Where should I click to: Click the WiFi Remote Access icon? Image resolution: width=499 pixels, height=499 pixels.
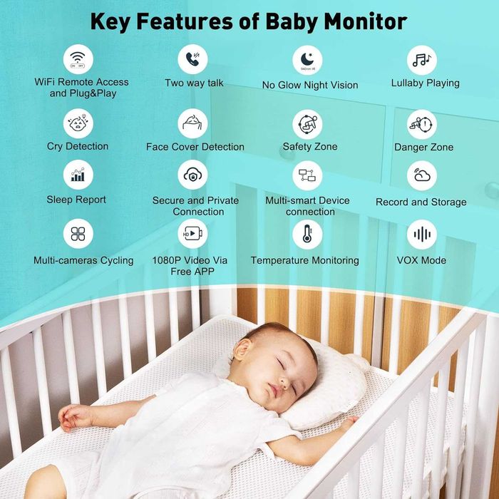tap(78, 58)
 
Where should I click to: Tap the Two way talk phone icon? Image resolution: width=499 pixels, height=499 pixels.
tap(193, 59)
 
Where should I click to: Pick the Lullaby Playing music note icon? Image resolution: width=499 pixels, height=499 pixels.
tap(422, 60)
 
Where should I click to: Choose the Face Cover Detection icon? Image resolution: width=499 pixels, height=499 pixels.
tap(193, 123)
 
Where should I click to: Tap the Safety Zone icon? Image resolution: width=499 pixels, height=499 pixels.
tap(307, 123)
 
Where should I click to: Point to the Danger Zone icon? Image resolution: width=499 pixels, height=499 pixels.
tap(422, 125)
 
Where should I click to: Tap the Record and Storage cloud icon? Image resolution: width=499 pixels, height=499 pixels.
tap(422, 176)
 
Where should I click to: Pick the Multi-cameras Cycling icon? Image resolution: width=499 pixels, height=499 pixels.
tap(78, 234)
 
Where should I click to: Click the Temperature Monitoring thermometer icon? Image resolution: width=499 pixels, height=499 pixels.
tap(307, 234)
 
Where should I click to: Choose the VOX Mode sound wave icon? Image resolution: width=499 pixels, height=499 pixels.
tap(422, 234)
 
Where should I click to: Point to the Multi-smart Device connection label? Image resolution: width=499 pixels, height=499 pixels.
tap(308, 206)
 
